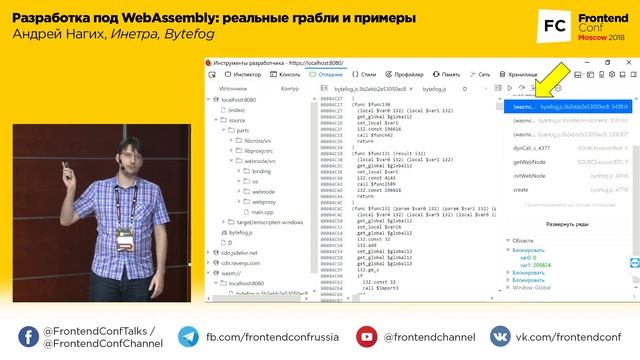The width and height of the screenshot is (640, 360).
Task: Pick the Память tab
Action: (446, 74)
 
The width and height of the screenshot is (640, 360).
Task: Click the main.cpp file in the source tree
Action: (261, 212)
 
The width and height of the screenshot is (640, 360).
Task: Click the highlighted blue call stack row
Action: (566, 105)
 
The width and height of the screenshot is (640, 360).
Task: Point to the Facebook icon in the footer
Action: (188, 337)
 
